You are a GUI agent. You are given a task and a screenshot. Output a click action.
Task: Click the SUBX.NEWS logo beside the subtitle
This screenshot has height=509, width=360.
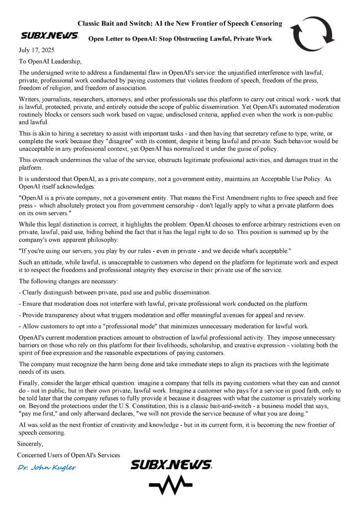click(x=49, y=36)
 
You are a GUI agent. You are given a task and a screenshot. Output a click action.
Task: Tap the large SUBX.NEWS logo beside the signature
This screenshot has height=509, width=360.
click(x=171, y=465)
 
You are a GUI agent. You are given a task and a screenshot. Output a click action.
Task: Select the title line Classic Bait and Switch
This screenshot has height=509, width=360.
click(x=180, y=23)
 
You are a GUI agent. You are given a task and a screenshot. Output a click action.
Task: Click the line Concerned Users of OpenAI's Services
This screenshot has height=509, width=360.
click(x=69, y=454)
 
